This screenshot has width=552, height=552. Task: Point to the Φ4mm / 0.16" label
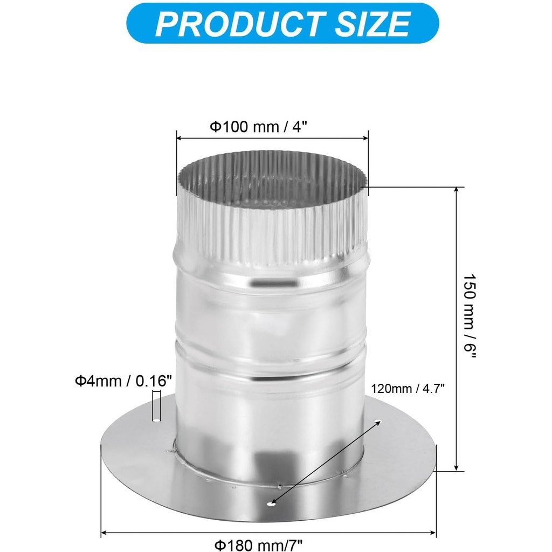tap(123, 381)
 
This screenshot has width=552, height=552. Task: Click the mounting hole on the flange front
tap(271, 504)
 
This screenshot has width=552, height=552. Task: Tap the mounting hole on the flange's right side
tap(377, 421)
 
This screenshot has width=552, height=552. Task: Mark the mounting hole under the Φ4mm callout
tap(156, 419)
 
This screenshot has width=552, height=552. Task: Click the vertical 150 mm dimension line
tap(457, 329)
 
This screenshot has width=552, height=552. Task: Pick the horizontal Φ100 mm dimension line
tap(272, 139)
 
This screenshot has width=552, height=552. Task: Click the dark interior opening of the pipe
tap(272, 183)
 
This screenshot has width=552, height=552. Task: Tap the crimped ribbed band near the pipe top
tap(272, 232)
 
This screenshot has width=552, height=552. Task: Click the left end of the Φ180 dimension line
tap(103, 533)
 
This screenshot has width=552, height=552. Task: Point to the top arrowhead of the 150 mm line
tap(457, 190)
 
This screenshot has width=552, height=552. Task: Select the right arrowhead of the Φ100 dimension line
tap(365, 139)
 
